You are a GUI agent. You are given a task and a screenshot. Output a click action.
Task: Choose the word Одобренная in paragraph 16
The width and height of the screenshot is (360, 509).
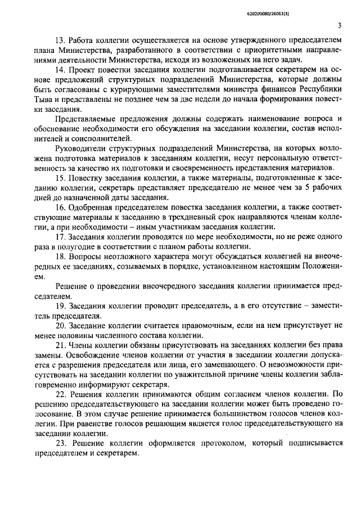(92, 207)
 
